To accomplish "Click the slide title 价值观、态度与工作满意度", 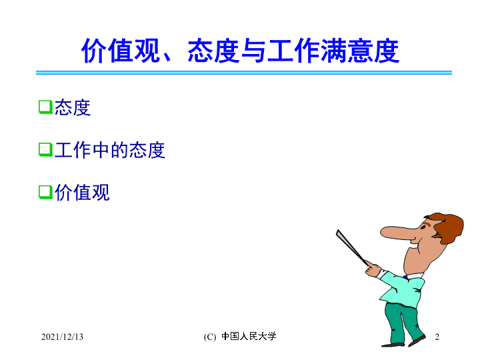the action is tap(240, 51).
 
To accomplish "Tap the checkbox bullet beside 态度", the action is tap(45, 107).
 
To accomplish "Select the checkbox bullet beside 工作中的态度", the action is tap(45, 149).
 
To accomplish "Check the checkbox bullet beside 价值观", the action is tap(45, 192).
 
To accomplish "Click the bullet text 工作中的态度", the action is tap(110, 150).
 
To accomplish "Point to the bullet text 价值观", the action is tap(82, 193).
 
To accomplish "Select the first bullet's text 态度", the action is tap(73, 107).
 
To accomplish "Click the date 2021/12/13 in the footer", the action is tap(62, 337).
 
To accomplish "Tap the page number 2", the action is tap(437, 337).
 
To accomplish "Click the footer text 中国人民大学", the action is tap(249, 336).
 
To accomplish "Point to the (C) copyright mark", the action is tap(210, 337).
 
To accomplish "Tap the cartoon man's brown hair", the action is tap(447, 227).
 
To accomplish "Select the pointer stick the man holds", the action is tap(352, 247).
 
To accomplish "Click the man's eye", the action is tap(423, 228).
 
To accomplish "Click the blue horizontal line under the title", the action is tap(244, 73).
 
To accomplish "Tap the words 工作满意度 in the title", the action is tap(333, 51).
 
